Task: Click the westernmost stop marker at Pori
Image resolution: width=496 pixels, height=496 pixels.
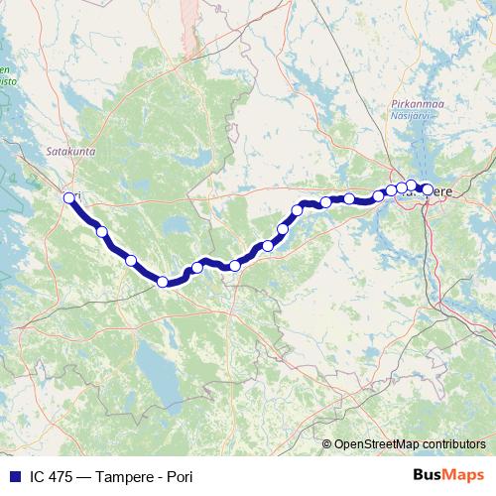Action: pyautogui.click(x=69, y=197)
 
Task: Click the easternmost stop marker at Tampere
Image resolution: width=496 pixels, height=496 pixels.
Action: pyautogui.click(x=427, y=189)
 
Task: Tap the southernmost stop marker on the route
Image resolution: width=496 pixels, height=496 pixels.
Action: pyautogui.click(x=163, y=282)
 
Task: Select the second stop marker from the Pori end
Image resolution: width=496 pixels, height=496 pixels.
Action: pyautogui.click(x=102, y=231)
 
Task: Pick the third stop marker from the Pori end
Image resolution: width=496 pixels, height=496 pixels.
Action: pyautogui.click(x=131, y=260)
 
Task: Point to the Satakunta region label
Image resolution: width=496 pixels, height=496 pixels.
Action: pyautogui.click(x=67, y=153)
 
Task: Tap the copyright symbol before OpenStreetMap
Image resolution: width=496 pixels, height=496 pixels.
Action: pyautogui.click(x=328, y=443)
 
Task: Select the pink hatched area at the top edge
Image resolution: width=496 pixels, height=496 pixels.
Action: pyautogui.click(x=191, y=20)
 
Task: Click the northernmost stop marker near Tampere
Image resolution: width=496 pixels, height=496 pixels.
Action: pyautogui.click(x=412, y=185)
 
